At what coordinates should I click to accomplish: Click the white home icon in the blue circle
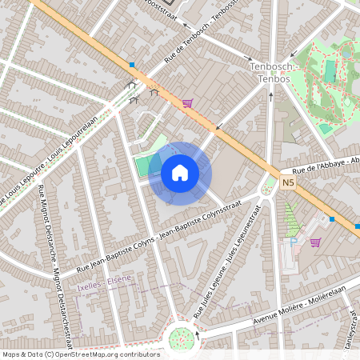pos(179,172)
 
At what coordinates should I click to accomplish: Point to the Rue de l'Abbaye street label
pos(324,164)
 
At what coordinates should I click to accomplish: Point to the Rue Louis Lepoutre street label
pos(48,164)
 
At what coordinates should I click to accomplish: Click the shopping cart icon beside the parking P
pos(314,242)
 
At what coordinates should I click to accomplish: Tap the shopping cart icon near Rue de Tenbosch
pos(187,102)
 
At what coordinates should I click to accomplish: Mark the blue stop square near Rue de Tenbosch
pos(131,64)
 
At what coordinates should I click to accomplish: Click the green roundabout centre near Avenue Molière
pos(182,338)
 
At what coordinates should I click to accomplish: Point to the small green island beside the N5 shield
pos(267,189)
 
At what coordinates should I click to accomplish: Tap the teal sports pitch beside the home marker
pos(142,166)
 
